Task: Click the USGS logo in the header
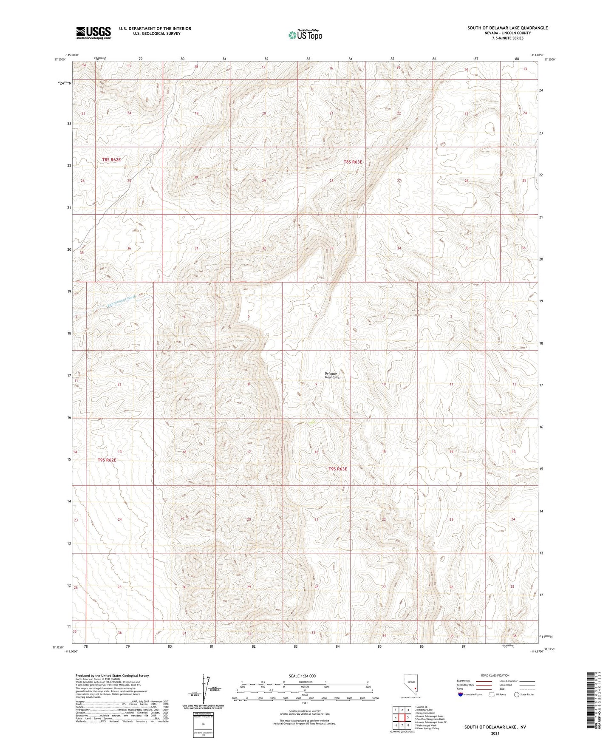(x=93, y=33)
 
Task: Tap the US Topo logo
(x=305, y=35)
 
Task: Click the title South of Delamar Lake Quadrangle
(x=507, y=28)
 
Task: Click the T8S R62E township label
(x=111, y=160)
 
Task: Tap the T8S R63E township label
(x=353, y=162)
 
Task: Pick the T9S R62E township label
(x=107, y=460)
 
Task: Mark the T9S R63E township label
(x=338, y=469)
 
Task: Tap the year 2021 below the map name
(x=495, y=733)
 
